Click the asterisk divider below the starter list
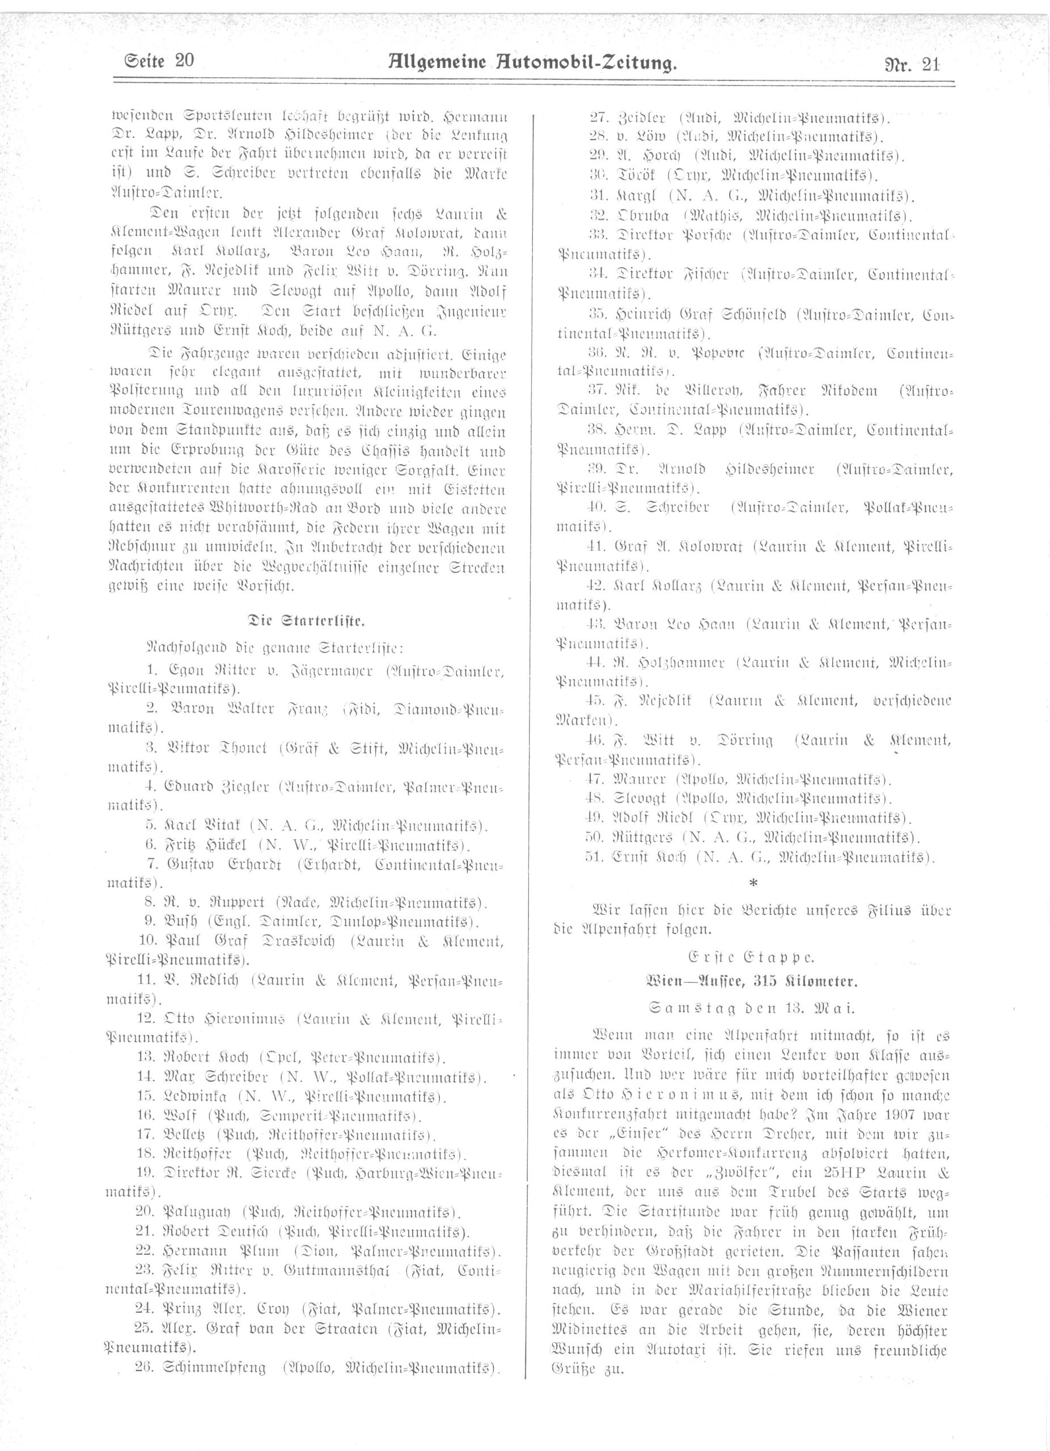pos(752,883)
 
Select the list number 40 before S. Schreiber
pos(596,508)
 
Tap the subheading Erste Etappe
pos(752,957)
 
